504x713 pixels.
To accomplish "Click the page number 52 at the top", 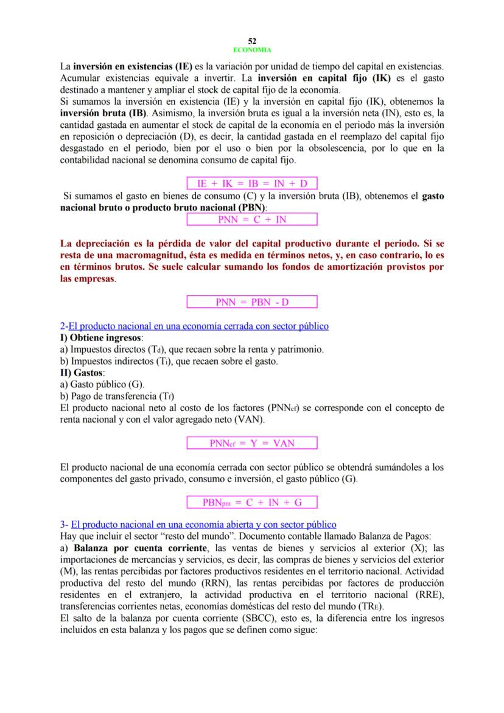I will (252, 41).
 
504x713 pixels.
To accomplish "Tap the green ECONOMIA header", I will (252, 49).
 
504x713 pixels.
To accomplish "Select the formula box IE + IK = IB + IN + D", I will (252, 182).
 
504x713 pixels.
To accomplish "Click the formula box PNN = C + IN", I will (252, 219).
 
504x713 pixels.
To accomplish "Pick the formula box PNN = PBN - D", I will (252, 302).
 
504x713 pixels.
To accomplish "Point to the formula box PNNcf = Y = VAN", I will (252, 443).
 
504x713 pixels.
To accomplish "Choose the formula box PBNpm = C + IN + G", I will (252, 502).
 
